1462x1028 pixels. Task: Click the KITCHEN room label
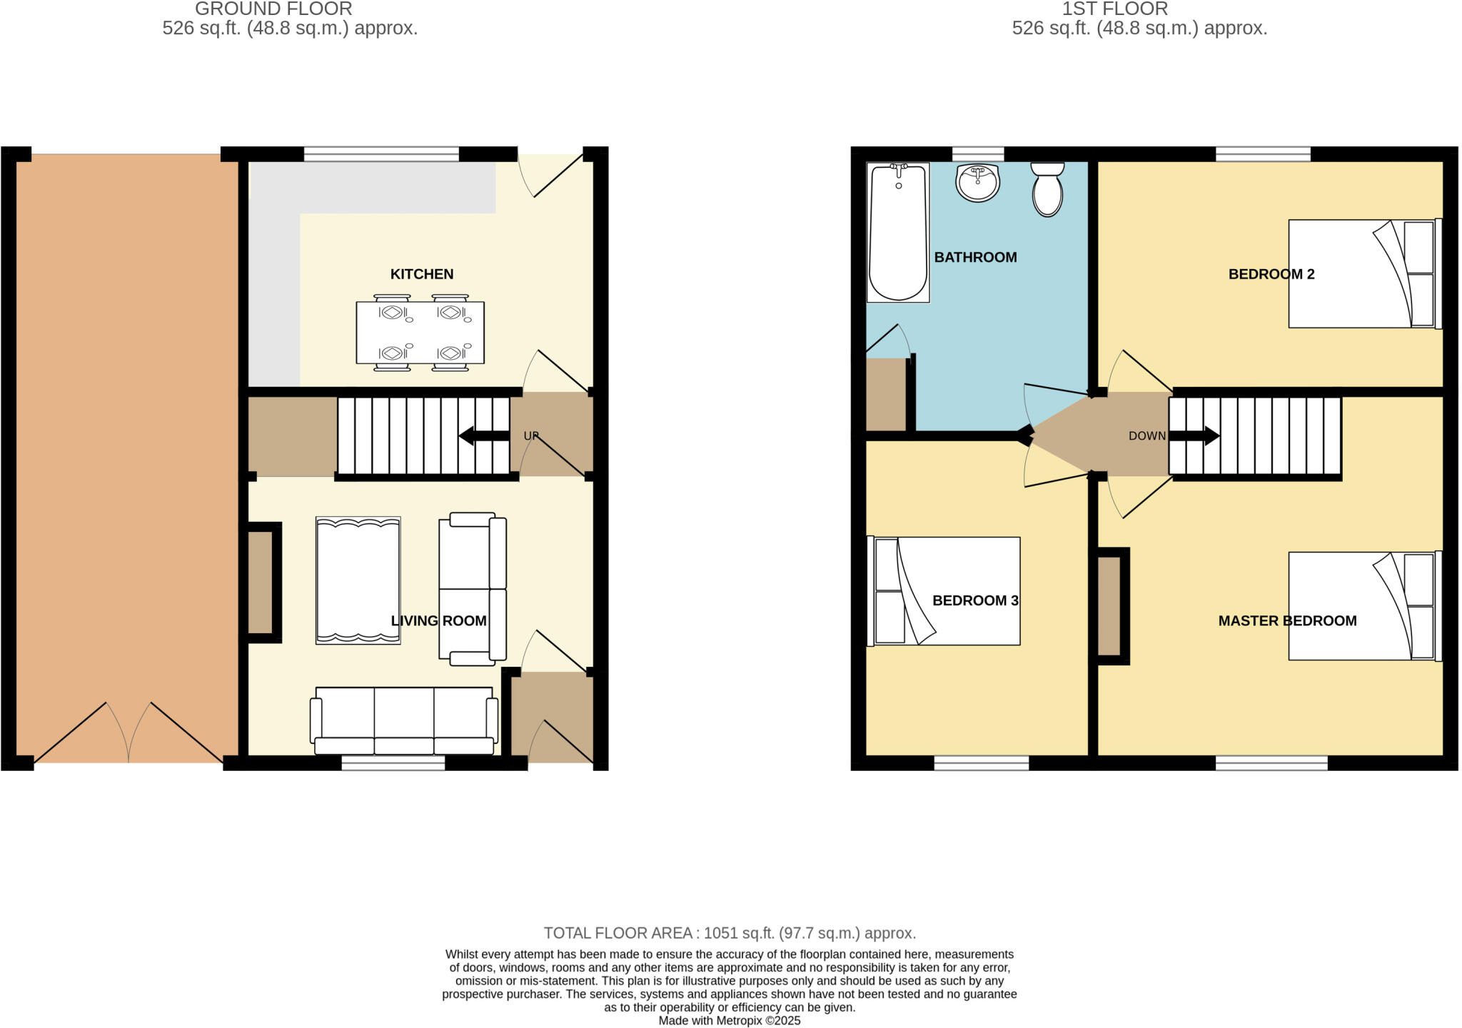[421, 274]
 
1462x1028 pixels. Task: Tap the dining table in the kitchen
[420, 333]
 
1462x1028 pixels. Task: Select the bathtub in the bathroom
[898, 233]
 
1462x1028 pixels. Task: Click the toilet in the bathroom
[1047, 189]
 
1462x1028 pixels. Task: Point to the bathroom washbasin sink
[977, 183]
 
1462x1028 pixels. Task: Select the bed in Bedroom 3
[944, 591]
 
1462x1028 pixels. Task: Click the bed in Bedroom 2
[1363, 273]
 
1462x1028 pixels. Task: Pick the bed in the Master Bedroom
[1363, 606]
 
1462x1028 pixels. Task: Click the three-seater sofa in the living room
[404, 721]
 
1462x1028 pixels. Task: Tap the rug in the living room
[358, 580]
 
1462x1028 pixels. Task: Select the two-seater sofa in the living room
[472, 589]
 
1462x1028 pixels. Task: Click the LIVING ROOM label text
[438, 621]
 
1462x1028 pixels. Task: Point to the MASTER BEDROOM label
[1287, 621]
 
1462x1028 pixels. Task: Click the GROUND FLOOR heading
[273, 9]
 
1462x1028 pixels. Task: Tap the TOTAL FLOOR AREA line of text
[730, 933]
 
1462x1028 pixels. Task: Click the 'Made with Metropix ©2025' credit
[729, 1021]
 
